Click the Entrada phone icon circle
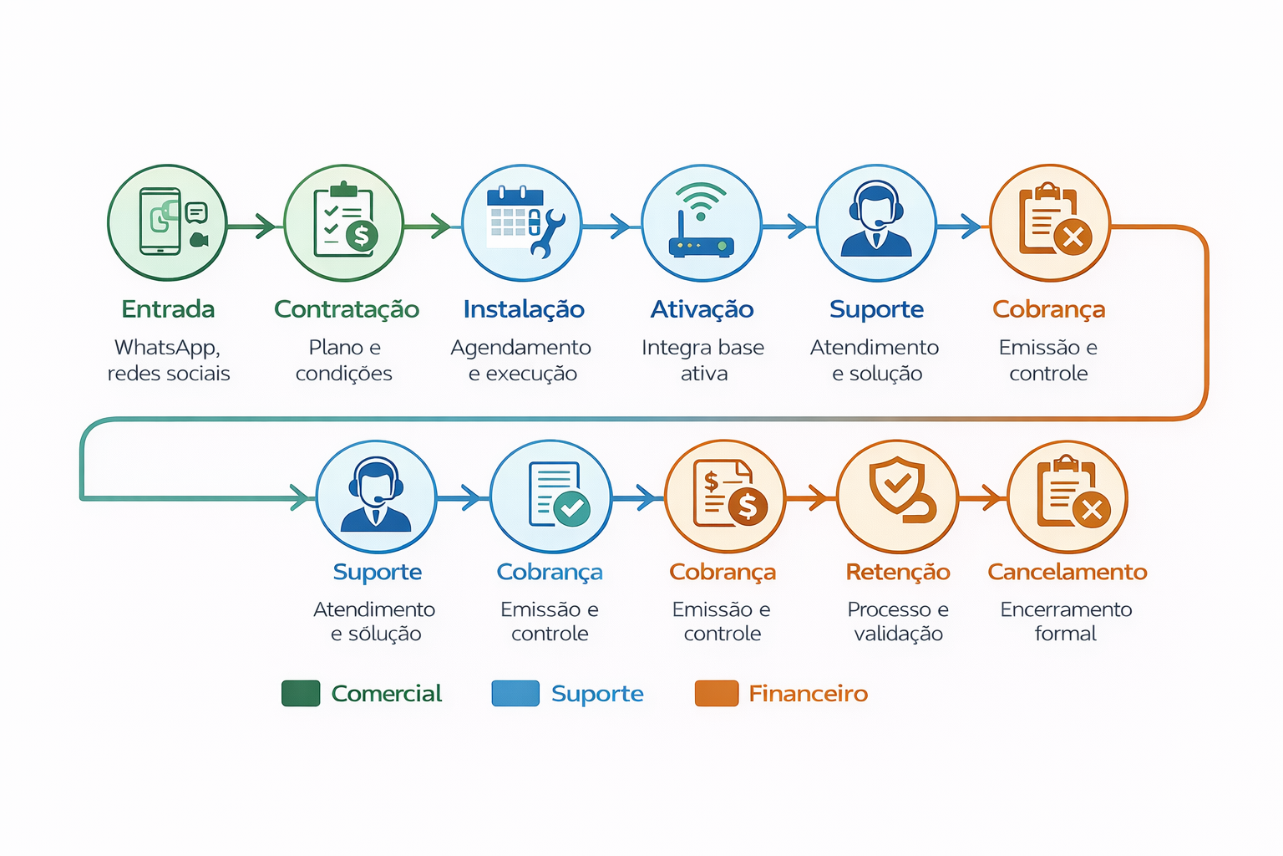(167, 222)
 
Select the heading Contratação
(347, 309)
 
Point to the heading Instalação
(524, 309)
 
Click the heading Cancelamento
(1067, 572)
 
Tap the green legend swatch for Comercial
(301, 694)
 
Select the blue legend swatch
(515, 694)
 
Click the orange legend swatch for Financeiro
(717, 694)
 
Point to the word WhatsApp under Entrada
(167, 347)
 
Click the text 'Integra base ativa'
(702, 360)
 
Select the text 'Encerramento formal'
(1066, 621)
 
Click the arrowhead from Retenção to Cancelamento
(992, 497)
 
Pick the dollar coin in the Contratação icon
(361, 237)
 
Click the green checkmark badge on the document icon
(572, 508)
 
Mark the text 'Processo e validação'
(898, 621)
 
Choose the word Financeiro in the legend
(808, 694)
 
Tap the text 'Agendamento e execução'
(521, 360)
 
